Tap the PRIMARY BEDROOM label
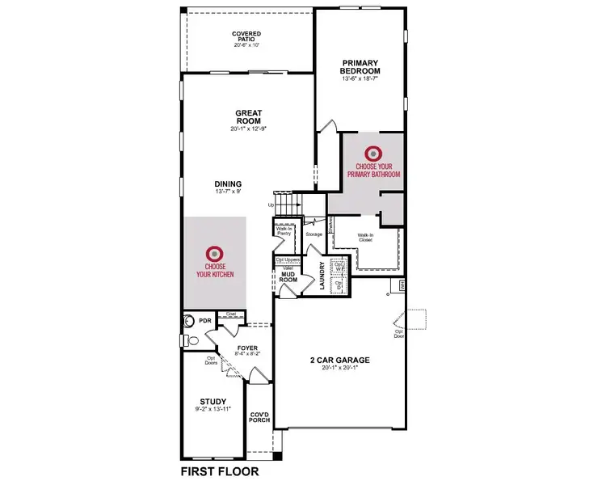(x=360, y=67)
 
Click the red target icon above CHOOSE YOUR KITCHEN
(x=214, y=252)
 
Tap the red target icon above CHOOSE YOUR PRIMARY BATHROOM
(x=372, y=152)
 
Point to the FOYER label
(x=246, y=349)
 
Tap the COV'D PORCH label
(x=260, y=415)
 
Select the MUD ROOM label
(x=288, y=276)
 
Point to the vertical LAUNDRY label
(x=322, y=276)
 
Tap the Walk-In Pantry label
(x=284, y=231)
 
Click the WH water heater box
(x=400, y=285)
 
